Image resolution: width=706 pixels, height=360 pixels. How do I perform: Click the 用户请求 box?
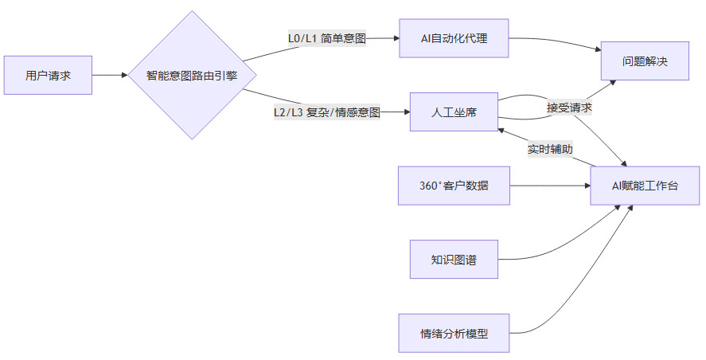48,76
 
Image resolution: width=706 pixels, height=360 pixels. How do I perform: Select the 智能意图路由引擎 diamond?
192,76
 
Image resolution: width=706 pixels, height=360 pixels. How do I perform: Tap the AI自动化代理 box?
454,38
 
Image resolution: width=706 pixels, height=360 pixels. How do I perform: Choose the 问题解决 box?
645,61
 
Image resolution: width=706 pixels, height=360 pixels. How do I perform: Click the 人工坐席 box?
454,112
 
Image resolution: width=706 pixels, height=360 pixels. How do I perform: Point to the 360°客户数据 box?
454,186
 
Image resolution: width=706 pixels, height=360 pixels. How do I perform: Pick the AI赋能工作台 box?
645,186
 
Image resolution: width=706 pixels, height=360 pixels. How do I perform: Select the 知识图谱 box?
454,259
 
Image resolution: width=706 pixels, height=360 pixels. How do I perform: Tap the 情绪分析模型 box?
454,333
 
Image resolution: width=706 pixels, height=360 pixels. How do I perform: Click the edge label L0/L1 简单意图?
326,38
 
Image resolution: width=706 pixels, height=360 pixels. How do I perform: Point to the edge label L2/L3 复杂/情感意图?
326,112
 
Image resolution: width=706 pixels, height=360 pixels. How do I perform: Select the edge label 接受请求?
569,107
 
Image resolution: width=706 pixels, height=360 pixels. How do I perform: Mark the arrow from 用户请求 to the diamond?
110,76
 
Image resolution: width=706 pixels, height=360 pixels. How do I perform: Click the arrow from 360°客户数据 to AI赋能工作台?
549,186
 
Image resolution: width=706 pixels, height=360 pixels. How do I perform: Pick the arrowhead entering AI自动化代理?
394,38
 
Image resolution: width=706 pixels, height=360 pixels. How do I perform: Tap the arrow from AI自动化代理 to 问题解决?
557,43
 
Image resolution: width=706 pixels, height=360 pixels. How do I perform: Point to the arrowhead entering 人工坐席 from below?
501,128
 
